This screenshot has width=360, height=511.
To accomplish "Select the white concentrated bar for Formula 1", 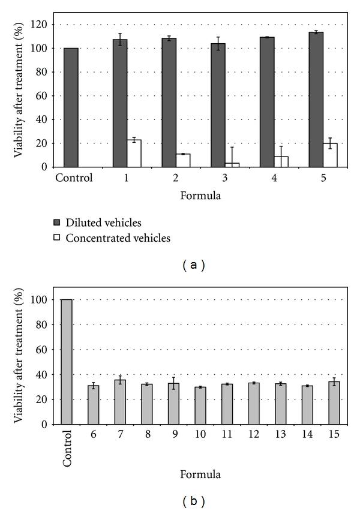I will (x=134, y=154).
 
